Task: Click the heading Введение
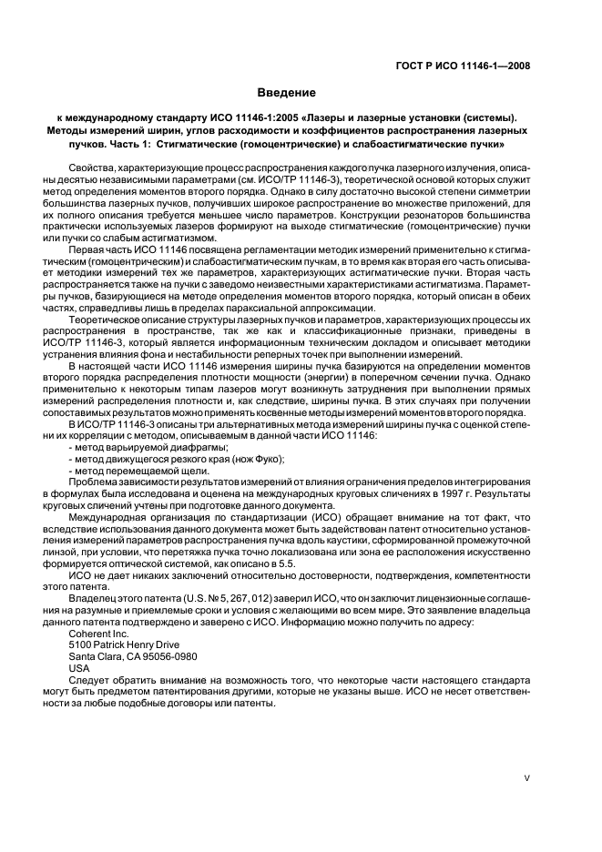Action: pos(286,93)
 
